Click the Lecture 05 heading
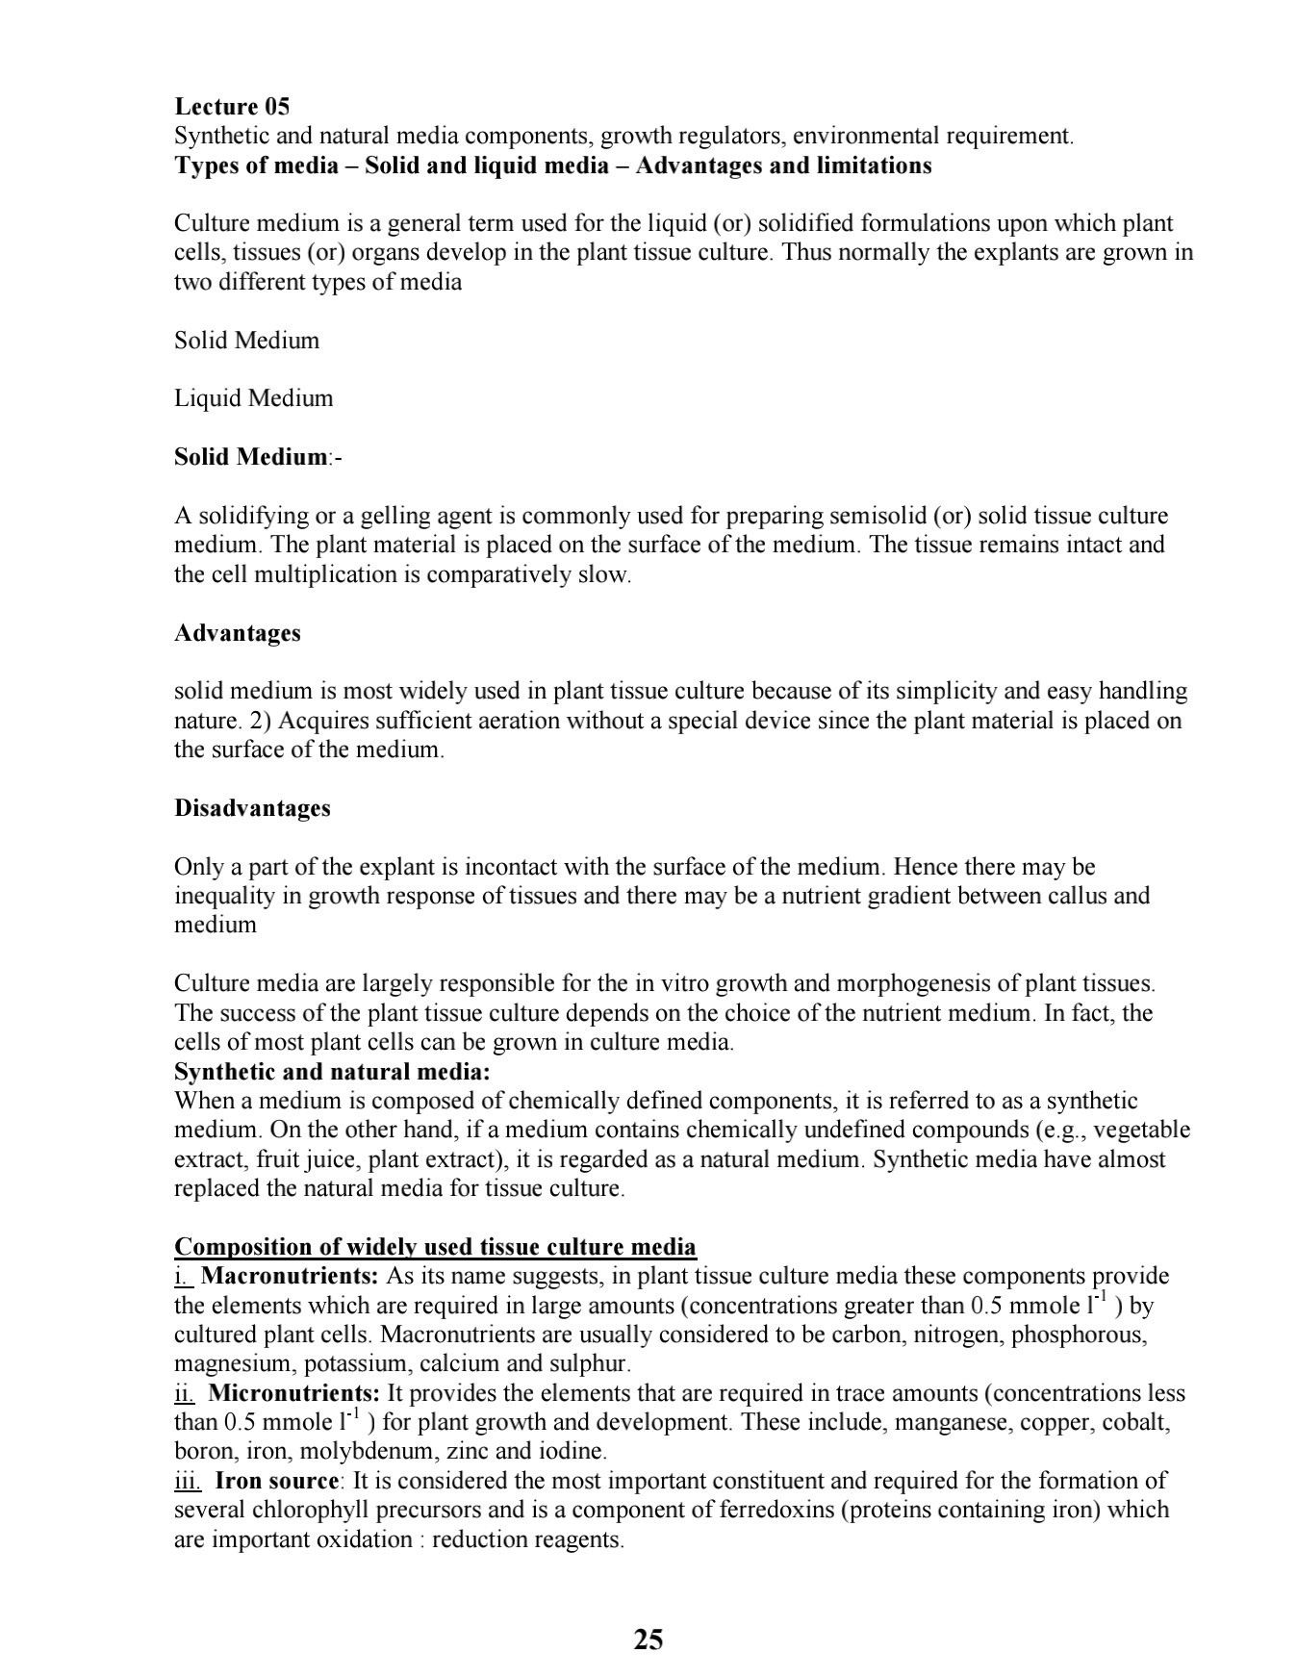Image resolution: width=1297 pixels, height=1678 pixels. point(232,107)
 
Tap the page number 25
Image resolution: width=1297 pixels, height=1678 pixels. point(648,1640)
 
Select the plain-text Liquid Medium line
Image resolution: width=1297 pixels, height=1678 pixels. point(253,398)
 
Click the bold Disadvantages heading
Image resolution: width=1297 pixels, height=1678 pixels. point(252,808)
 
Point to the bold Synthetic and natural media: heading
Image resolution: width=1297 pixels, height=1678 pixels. point(332,1072)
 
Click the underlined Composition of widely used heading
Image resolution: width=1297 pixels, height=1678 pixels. point(435,1247)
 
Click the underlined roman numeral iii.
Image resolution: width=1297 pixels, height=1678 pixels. point(188,1481)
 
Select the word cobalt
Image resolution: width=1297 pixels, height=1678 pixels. point(1135,1422)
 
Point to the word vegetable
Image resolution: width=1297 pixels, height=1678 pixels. point(1142,1130)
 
